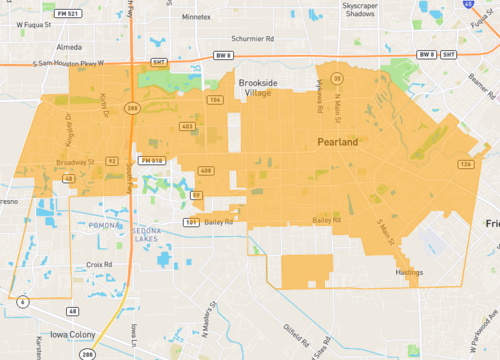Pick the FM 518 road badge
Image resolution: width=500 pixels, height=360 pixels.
(152, 161)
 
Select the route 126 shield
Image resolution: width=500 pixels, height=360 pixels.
(465, 164)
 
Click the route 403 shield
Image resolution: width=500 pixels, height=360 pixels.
(186, 125)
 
